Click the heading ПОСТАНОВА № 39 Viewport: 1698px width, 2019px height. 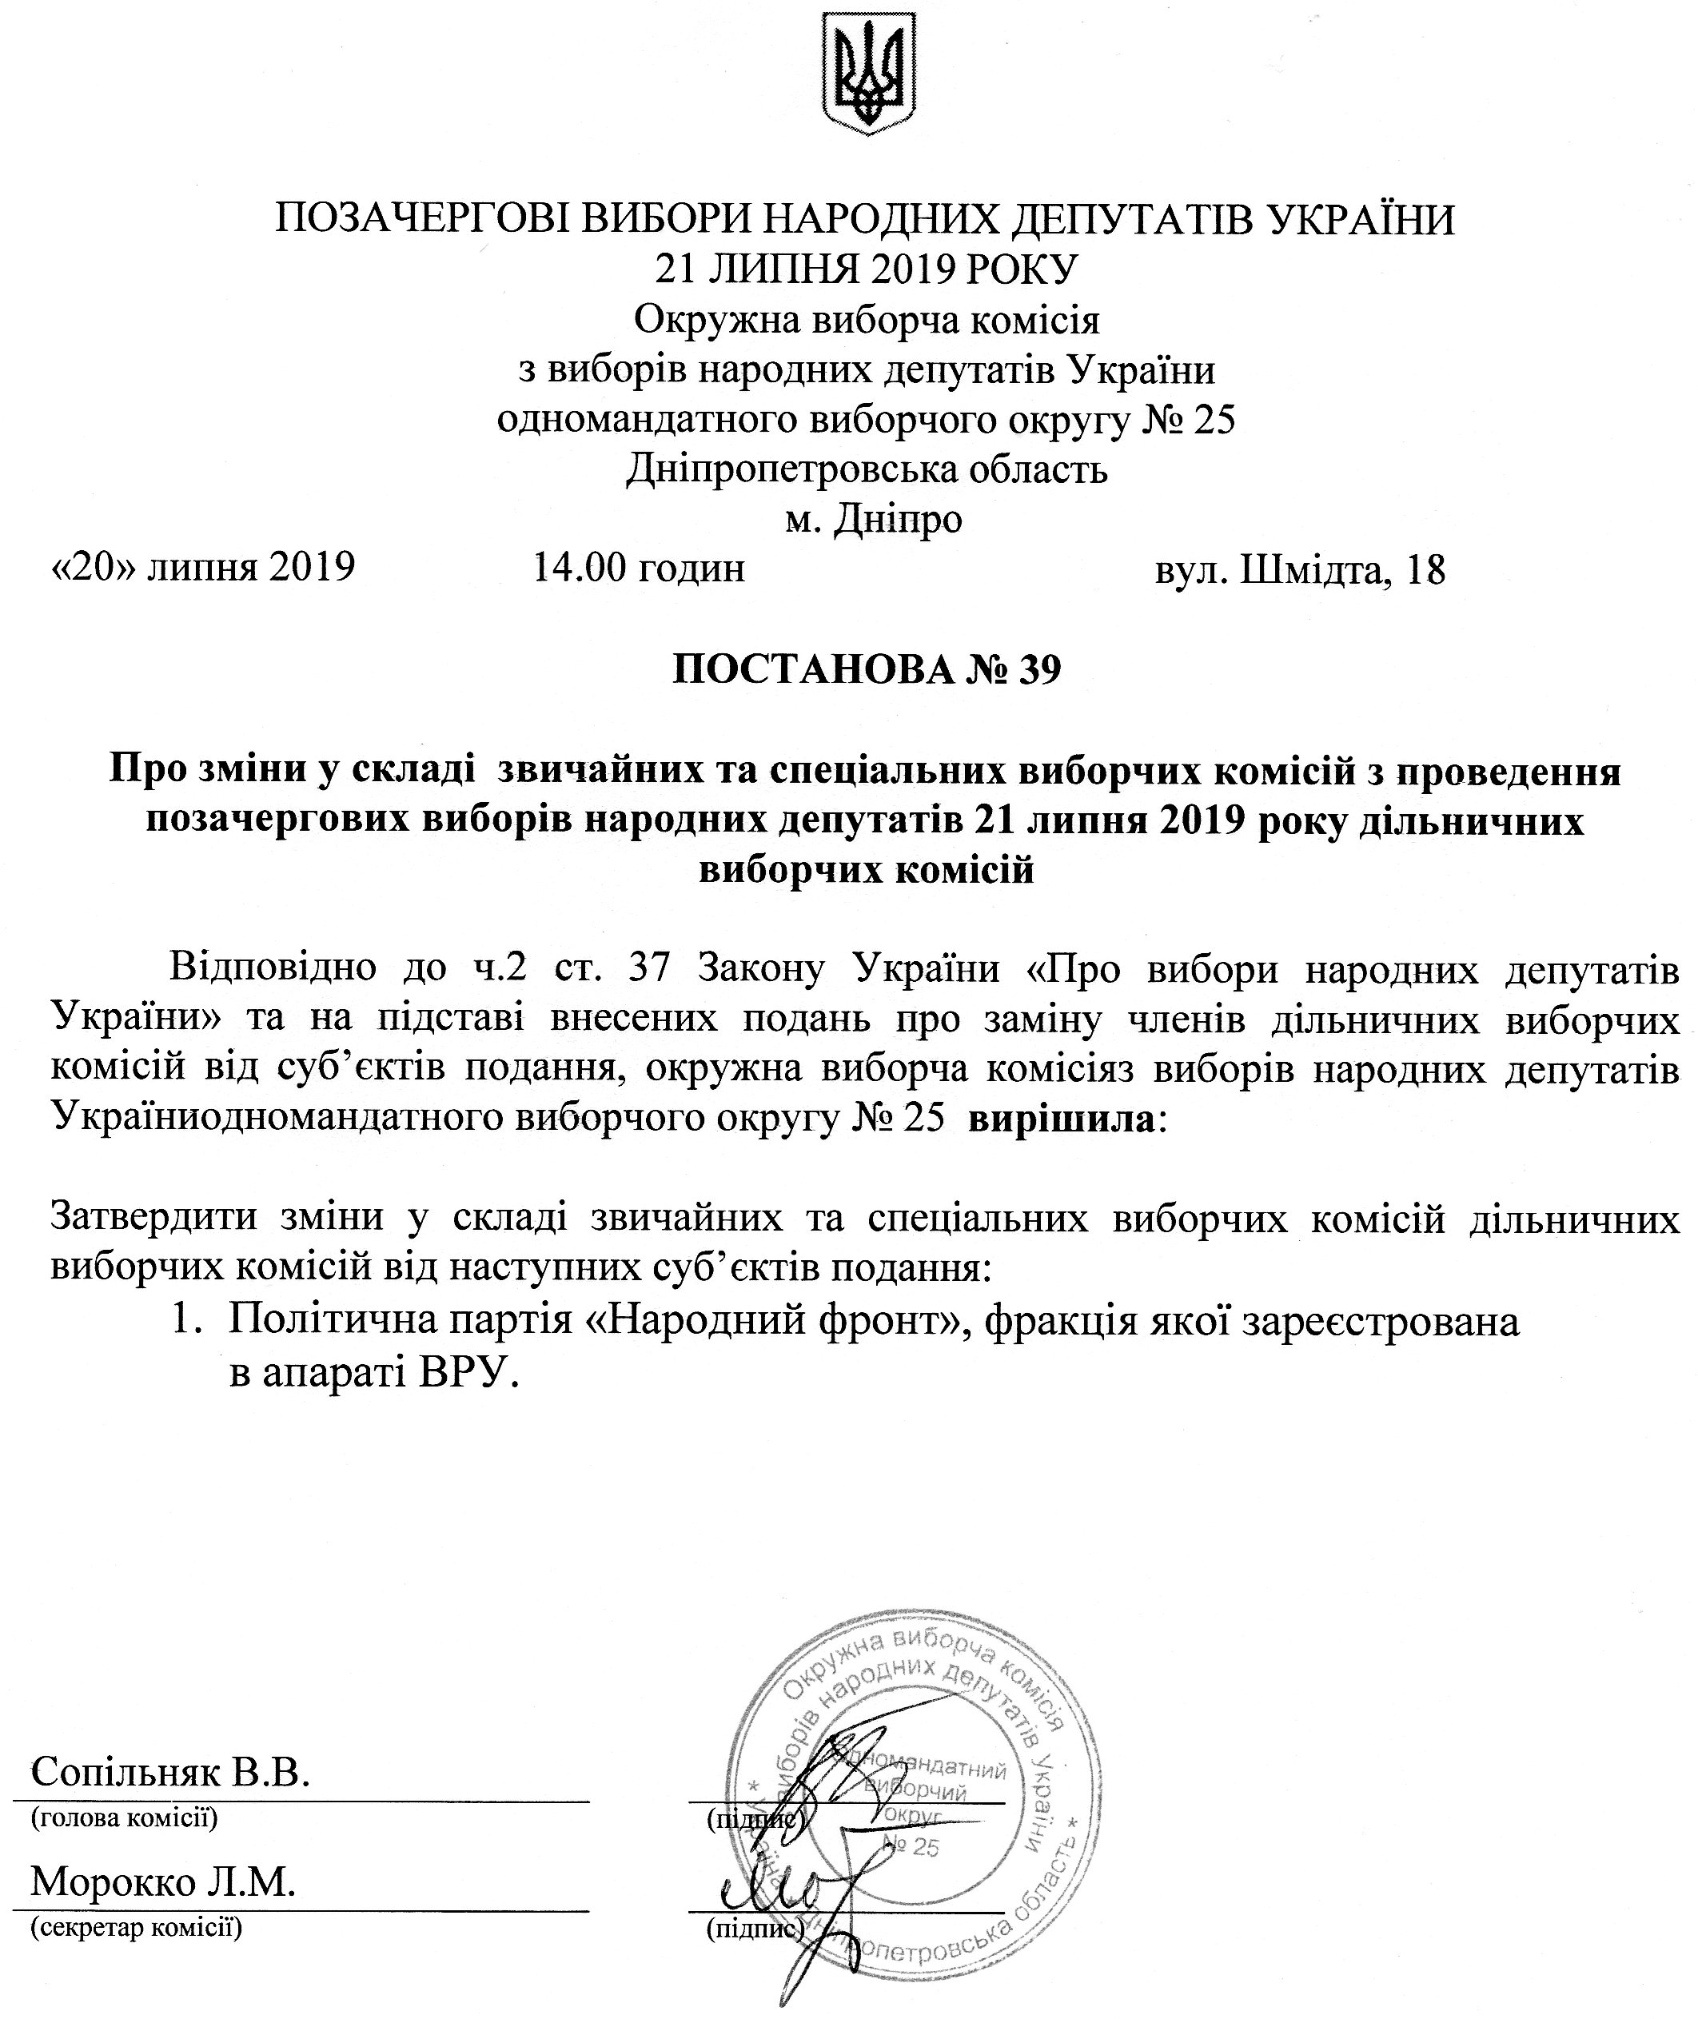(867, 670)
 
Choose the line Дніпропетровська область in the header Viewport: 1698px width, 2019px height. (867, 470)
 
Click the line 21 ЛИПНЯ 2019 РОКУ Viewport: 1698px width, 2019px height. (867, 269)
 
